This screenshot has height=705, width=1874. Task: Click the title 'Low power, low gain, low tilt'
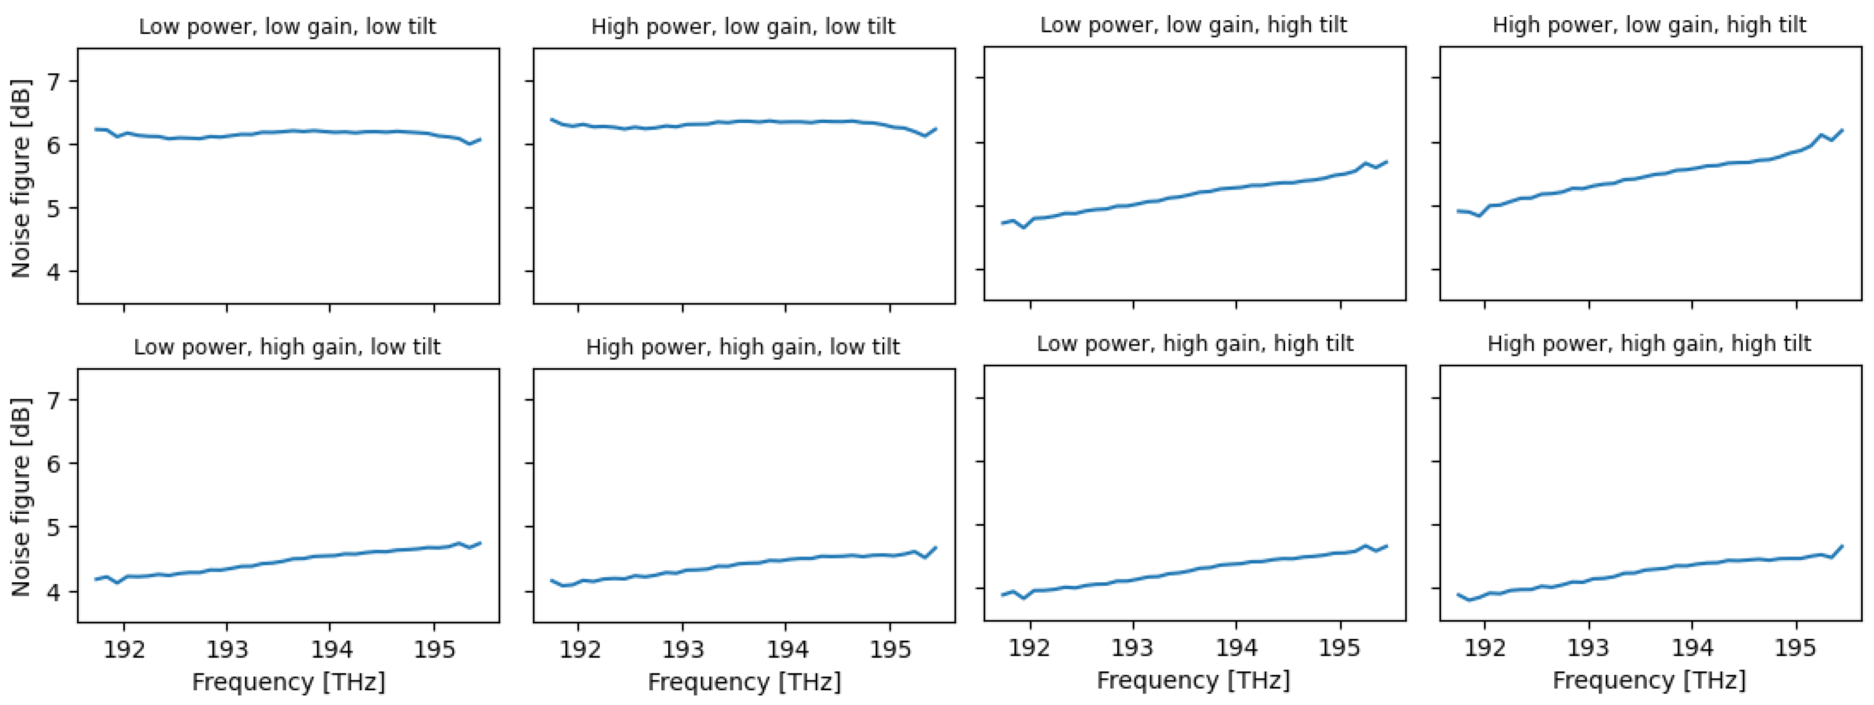[x=287, y=27]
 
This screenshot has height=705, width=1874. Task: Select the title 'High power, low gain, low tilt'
[x=743, y=27]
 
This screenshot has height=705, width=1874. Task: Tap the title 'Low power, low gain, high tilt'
[x=1193, y=25]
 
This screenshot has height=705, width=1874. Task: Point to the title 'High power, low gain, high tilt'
[x=1649, y=25]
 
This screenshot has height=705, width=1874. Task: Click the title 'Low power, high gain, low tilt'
[x=287, y=347]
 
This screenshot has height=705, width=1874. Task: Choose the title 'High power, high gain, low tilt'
[x=743, y=347]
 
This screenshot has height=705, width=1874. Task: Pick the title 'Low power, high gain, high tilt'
[x=1194, y=344]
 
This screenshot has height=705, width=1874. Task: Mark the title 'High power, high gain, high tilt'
[x=1649, y=344]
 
